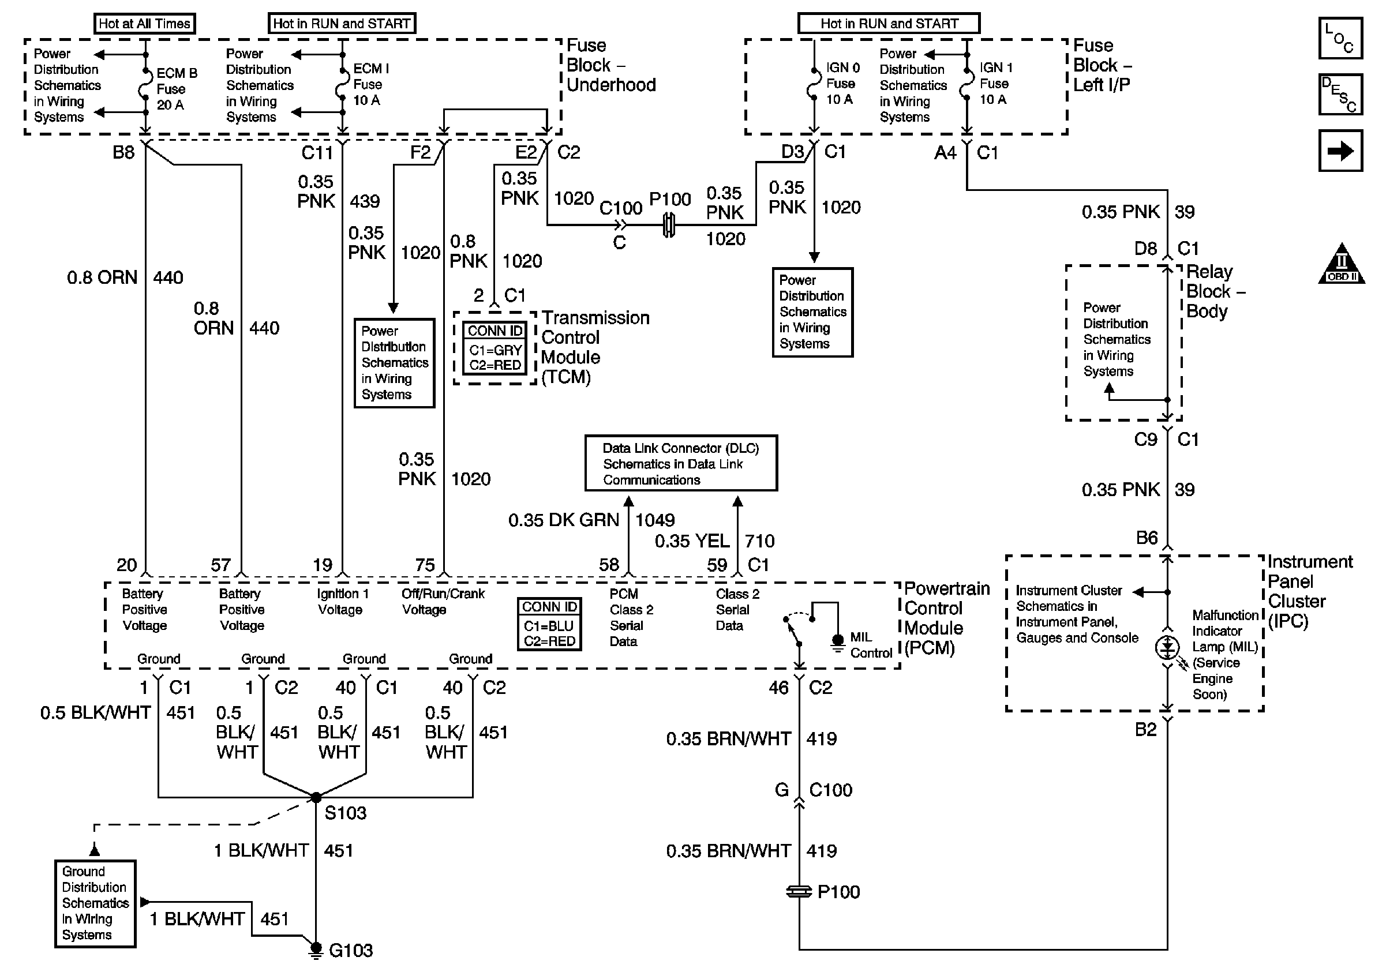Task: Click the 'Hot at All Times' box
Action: tap(144, 24)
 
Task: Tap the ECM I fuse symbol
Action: tap(342, 84)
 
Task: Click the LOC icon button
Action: tap(1340, 39)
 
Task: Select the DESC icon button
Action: tap(1340, 95)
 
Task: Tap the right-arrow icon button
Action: tap(1340, 151)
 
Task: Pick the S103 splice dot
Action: tap(316, 798)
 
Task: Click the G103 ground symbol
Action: tap(315, 948)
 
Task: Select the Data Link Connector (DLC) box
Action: tap(681, 463)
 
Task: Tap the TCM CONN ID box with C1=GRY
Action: tap(495, 348)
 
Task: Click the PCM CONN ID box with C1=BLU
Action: tap(549, 624)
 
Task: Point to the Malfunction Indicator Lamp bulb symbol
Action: tap(1167, 647)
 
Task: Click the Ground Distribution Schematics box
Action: tap(95, 903)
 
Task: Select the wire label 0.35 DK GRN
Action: tap(564, 520)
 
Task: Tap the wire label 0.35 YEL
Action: tap(692, 541)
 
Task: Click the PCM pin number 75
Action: tap(425, 565)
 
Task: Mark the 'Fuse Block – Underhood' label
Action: tap(610, 65)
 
